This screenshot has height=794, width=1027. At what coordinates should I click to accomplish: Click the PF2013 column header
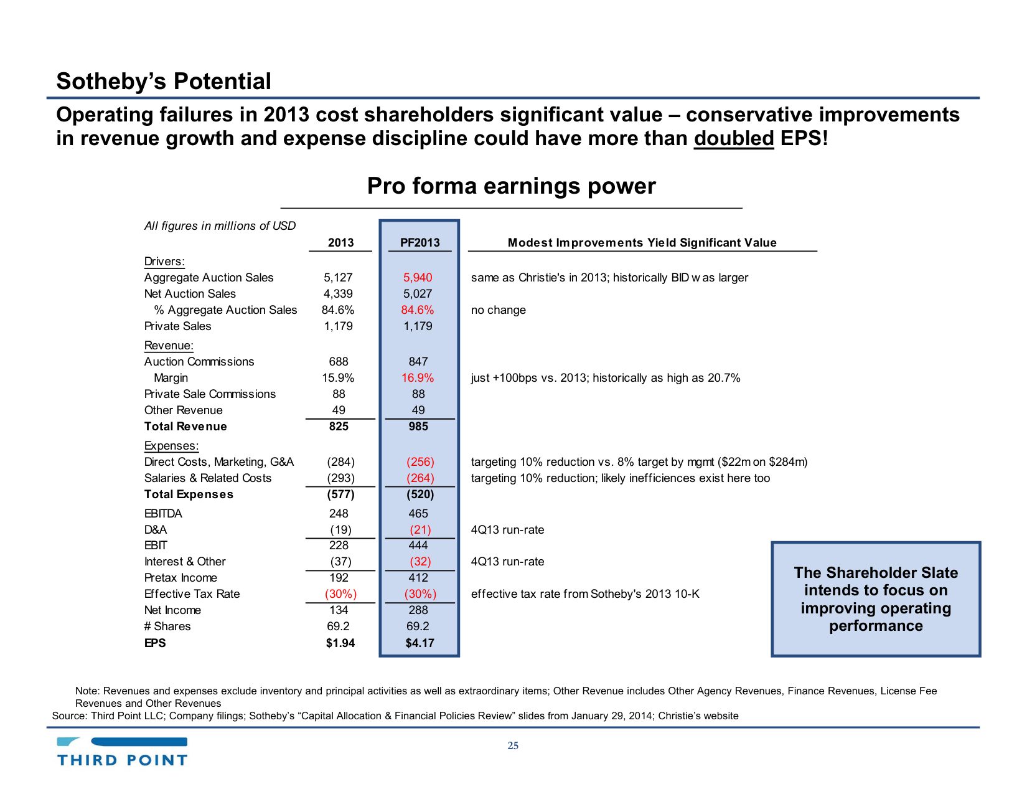click(420, 243)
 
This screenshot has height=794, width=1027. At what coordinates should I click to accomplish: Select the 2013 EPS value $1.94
click(340, 643)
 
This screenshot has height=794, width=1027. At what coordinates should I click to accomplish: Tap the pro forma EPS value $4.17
click(420, 643)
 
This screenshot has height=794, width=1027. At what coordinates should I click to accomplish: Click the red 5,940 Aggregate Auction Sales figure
click(418, 278)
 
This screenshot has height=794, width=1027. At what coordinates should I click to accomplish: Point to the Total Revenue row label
click(185, 427)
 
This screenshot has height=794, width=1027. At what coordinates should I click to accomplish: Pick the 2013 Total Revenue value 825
click(339, 427)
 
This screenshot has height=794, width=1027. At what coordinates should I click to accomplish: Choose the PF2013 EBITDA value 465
click(418, 514)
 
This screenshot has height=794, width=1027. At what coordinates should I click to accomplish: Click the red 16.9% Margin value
click(418, 378)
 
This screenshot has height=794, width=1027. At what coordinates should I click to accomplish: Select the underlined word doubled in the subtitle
click(734, 138)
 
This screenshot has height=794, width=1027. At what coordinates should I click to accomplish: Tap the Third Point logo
click(123, 752)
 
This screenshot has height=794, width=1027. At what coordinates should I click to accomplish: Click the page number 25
click(513, 746)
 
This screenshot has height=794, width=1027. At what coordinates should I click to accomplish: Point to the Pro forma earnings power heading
click(511, 186)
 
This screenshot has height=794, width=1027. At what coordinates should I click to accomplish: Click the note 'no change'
click(499, 310)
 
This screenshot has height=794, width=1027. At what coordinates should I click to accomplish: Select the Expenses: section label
click(171, 446)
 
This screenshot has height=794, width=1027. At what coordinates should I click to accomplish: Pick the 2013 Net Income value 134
click(339, 610)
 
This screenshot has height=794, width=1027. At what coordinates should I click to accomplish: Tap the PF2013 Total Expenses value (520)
click(420, 494)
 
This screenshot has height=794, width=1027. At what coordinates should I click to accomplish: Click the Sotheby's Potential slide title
click(164, 82)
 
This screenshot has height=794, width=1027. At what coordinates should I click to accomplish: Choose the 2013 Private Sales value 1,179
click(339, 326)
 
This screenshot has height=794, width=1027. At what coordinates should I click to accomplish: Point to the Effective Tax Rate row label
click(192, 594)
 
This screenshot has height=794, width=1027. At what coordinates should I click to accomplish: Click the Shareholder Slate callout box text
click(876, 599)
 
